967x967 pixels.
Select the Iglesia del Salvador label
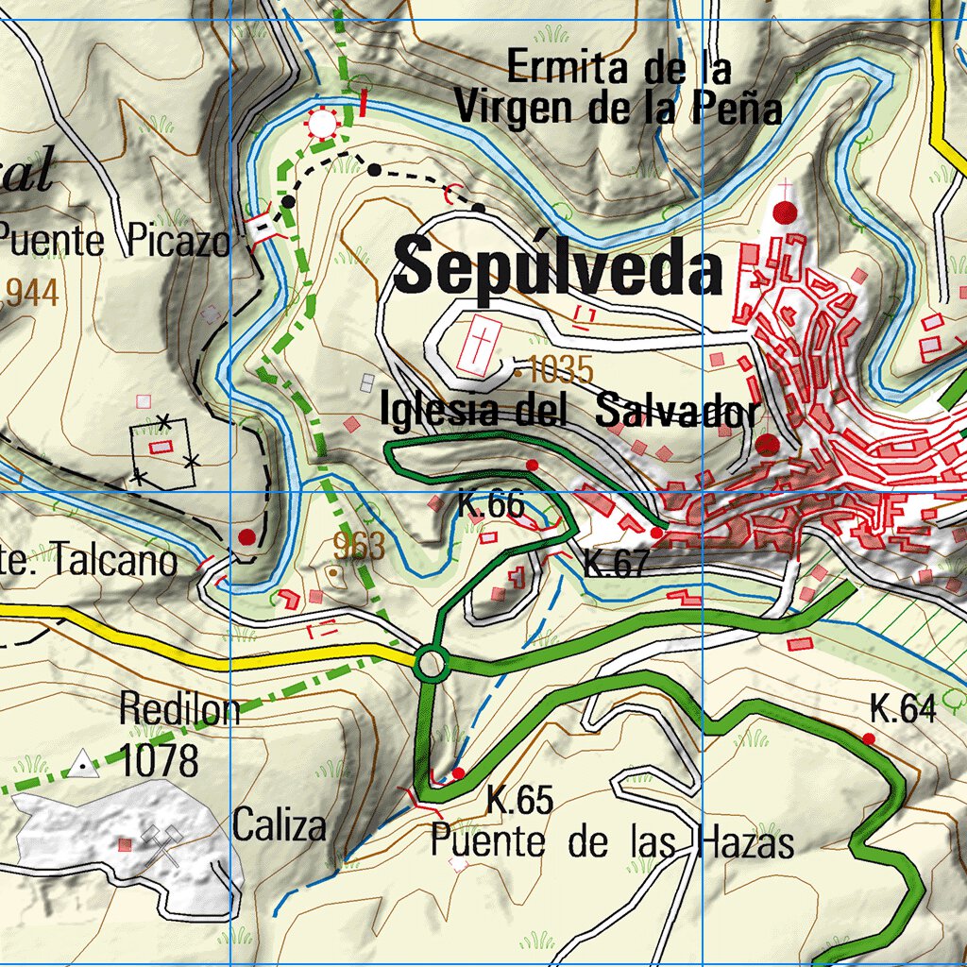coord(569,412)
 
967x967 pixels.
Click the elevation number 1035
coord(560,370)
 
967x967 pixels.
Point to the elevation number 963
coord(359,546)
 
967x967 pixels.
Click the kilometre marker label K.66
coord(491,504)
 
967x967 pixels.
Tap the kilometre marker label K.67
coord(617,563)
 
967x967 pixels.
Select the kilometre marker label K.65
coord(519,800)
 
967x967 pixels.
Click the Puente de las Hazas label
coord(612,841)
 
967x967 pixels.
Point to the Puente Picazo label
coord(113,242)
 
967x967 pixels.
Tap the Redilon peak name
coord(179,709)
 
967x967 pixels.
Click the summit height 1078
coord(160,759)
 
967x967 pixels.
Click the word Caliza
coord(280,825)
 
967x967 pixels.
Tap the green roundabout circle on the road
coord(431,664)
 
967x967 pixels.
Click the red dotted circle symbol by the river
coord(323,124)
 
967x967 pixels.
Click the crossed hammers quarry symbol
coord(161,842)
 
